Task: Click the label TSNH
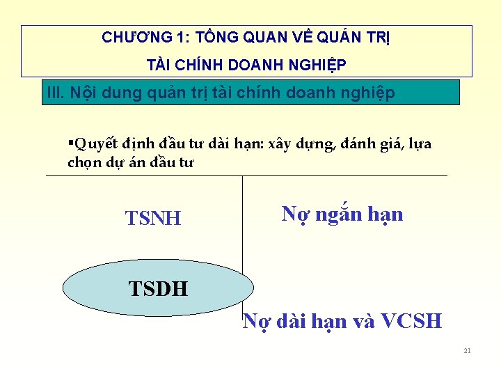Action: (153, 219)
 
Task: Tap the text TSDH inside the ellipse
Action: (158, 288)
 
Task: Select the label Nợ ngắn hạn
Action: (342, 214)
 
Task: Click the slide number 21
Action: (467, 350)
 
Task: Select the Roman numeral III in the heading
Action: (54, 93)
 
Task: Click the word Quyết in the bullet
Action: (90, 144)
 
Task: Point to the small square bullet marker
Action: (70, 143)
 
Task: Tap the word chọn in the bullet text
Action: (81, 162)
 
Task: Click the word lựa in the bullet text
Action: (419, 144)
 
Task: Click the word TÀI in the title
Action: (159, 65)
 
